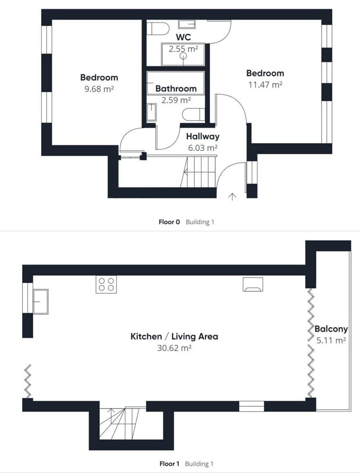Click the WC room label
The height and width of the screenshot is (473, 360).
tap(183, 37)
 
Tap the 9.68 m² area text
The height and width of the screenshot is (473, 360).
tap(99, 88)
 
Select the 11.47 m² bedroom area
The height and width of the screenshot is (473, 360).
tap(265, 85)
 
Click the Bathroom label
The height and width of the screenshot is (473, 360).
tap(176, 88)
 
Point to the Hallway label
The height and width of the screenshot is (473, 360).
tap(202, 137)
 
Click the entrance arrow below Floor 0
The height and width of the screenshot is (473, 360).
tap(232, 197)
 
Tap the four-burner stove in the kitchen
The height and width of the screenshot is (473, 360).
tap(106, 284)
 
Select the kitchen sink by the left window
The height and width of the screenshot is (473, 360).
tap(40, 301)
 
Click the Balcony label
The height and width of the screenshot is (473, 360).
tap(331, 329)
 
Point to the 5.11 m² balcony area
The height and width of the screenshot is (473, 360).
tap(331, 340)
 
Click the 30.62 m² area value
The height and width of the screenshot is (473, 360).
tap(174, 348)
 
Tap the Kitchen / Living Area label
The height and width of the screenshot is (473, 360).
tap(174, 337)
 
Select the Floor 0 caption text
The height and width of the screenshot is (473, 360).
tap(169, 221)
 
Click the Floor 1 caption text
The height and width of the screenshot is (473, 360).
tap(169, 464)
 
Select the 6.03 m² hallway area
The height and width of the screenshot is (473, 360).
tap(202, 148)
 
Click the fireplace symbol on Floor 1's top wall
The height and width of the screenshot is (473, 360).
tap(253, 284)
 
